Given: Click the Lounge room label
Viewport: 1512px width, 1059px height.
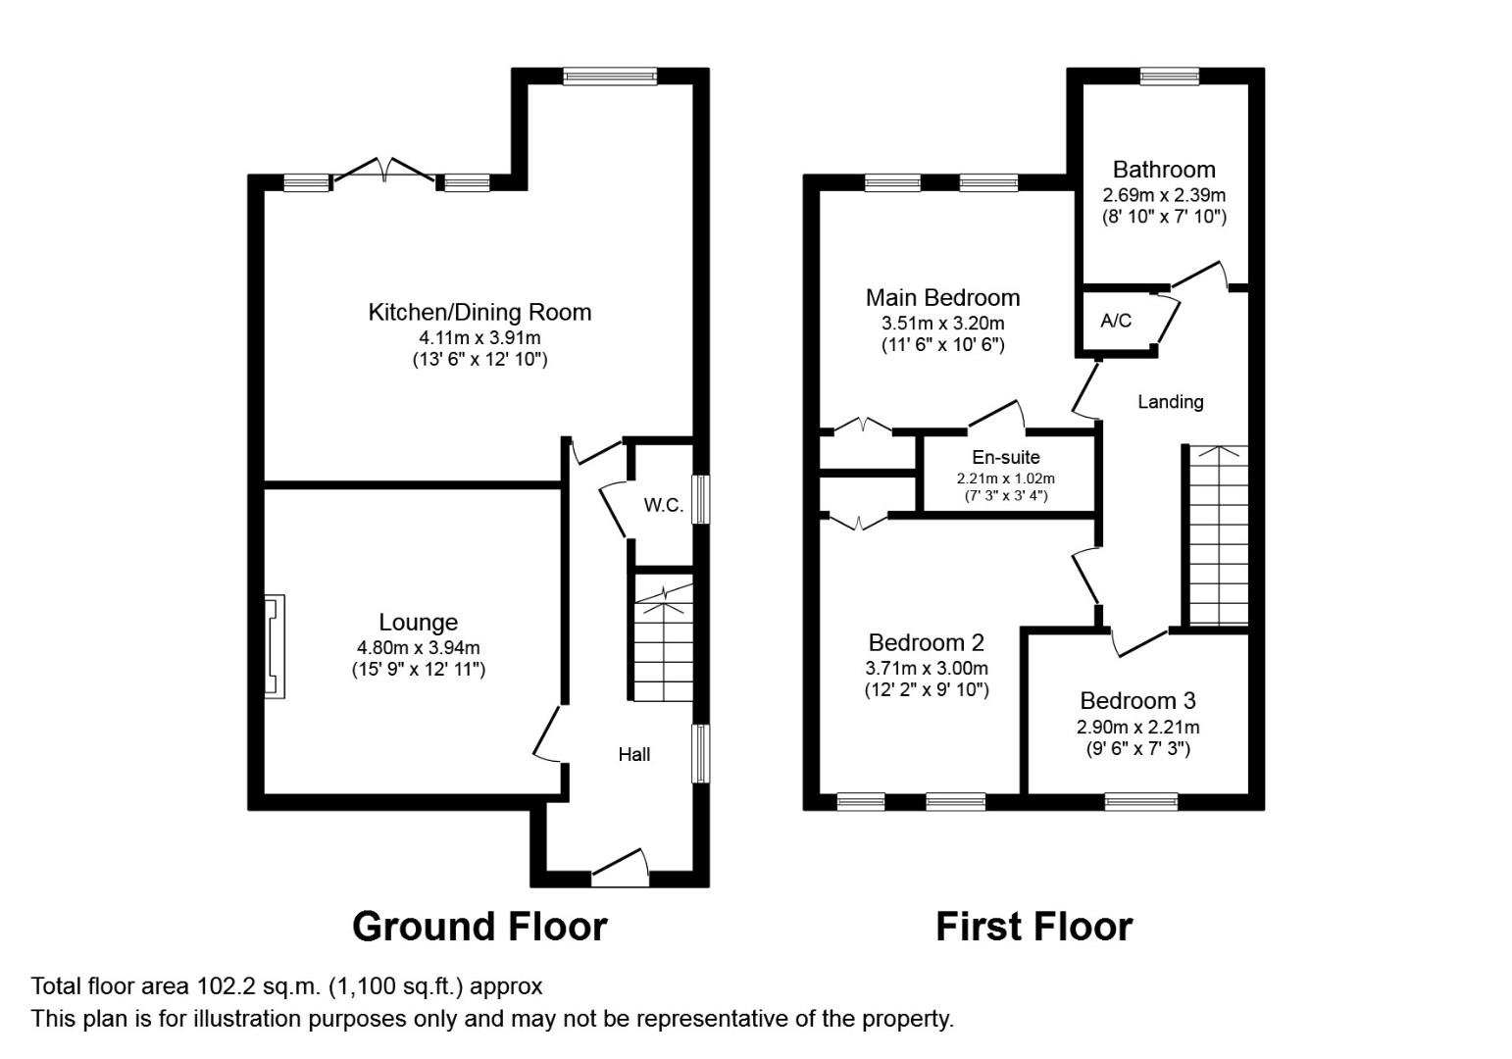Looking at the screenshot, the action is [418, 622].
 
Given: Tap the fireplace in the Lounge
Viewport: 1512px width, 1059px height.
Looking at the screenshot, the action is [274, 646].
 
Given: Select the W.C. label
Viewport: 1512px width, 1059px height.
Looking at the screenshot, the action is [664, 505].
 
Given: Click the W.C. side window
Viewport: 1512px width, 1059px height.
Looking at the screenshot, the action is [701, 499].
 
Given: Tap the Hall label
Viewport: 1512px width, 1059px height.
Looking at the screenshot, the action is [634, 754].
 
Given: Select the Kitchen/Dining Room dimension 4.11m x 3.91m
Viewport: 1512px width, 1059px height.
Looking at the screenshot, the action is [479, 336].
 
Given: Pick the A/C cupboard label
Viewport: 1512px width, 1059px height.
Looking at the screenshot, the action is [1116, 321].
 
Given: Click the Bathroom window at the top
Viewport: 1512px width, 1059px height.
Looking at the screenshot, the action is [1170, 76].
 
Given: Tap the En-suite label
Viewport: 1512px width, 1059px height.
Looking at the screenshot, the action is [1006, 457].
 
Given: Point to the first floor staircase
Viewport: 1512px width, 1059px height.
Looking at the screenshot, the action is [1219, 535].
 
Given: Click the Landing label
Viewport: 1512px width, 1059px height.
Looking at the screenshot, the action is [1171, 402].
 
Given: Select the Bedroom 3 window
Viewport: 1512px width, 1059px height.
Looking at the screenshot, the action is [1141, 801].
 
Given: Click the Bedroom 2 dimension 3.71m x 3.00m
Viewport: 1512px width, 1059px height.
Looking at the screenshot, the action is [926, 668].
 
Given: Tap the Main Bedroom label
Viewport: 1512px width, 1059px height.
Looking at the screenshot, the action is [942, 297].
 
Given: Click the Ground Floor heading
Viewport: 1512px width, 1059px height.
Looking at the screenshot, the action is [479, 926].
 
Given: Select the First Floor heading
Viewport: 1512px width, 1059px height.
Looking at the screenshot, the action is [1034, 926].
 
